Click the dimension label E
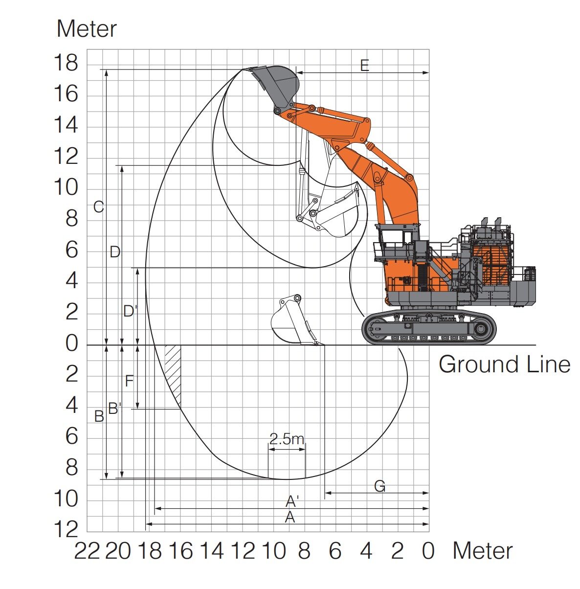(364, 66)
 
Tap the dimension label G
(379, 486)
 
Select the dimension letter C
(99, 207)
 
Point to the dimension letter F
(129, 381)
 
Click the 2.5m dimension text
(287, 439)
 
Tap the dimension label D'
(130, 312)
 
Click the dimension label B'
(115, 408)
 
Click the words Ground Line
(505, 364)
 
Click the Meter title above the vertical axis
(87, 29)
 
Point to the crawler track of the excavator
(428, 328)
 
